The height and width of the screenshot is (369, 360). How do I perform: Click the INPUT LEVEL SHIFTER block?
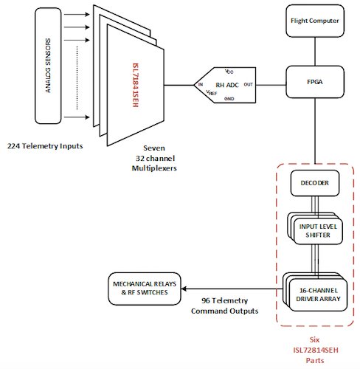[314, 230]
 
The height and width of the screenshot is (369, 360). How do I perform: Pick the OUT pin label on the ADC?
[248, 85]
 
